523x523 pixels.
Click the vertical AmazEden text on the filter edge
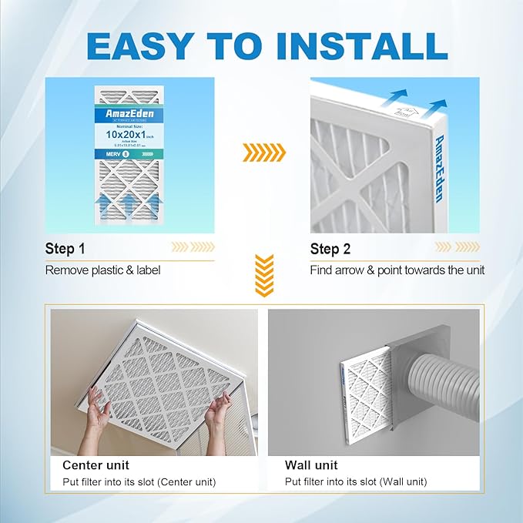(x=438, y=166)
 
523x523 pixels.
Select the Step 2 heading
(x=330, y=249)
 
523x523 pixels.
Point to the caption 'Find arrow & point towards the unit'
(x=397, y=270)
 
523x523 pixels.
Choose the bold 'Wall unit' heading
(x=311, y=465)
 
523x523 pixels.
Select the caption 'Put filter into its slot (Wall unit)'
(x=356, y=482)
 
